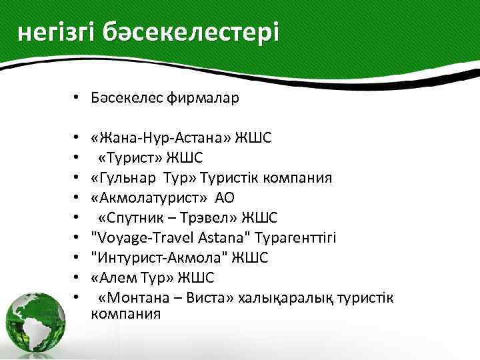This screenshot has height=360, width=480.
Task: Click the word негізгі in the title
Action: pyautogui.click(x=56, y=32)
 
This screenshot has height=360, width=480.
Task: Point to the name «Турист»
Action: pyautogui.click(x=133, y=158)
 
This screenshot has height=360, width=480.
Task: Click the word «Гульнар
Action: pyautogui.click(x=120, y=178)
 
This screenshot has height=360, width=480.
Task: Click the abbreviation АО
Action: pyautogui.click(x=225, y=198)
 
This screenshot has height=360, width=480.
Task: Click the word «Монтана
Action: pyautogui.click(x=134, y=297)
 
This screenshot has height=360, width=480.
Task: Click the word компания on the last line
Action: pyautogui.click(x=125, y=313)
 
